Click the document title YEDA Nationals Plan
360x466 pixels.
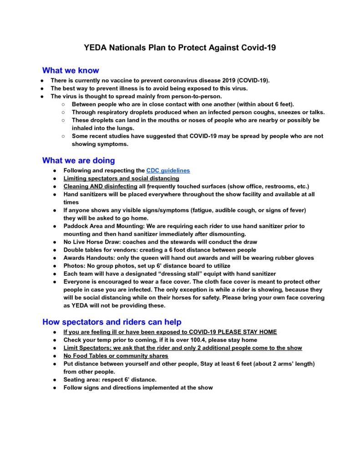pos(180,47)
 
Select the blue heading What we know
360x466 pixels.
pos(71,71)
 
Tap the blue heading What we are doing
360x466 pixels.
pos(78,160)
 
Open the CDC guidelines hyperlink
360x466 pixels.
pos(168,171)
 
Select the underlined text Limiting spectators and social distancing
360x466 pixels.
pos(122,178)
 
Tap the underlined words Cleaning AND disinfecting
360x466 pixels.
pos(100,186)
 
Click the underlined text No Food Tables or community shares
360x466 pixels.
pos(116,356)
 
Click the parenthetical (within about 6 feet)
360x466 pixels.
pos(260,104)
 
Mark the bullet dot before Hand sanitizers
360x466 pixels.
pos(54,194)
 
